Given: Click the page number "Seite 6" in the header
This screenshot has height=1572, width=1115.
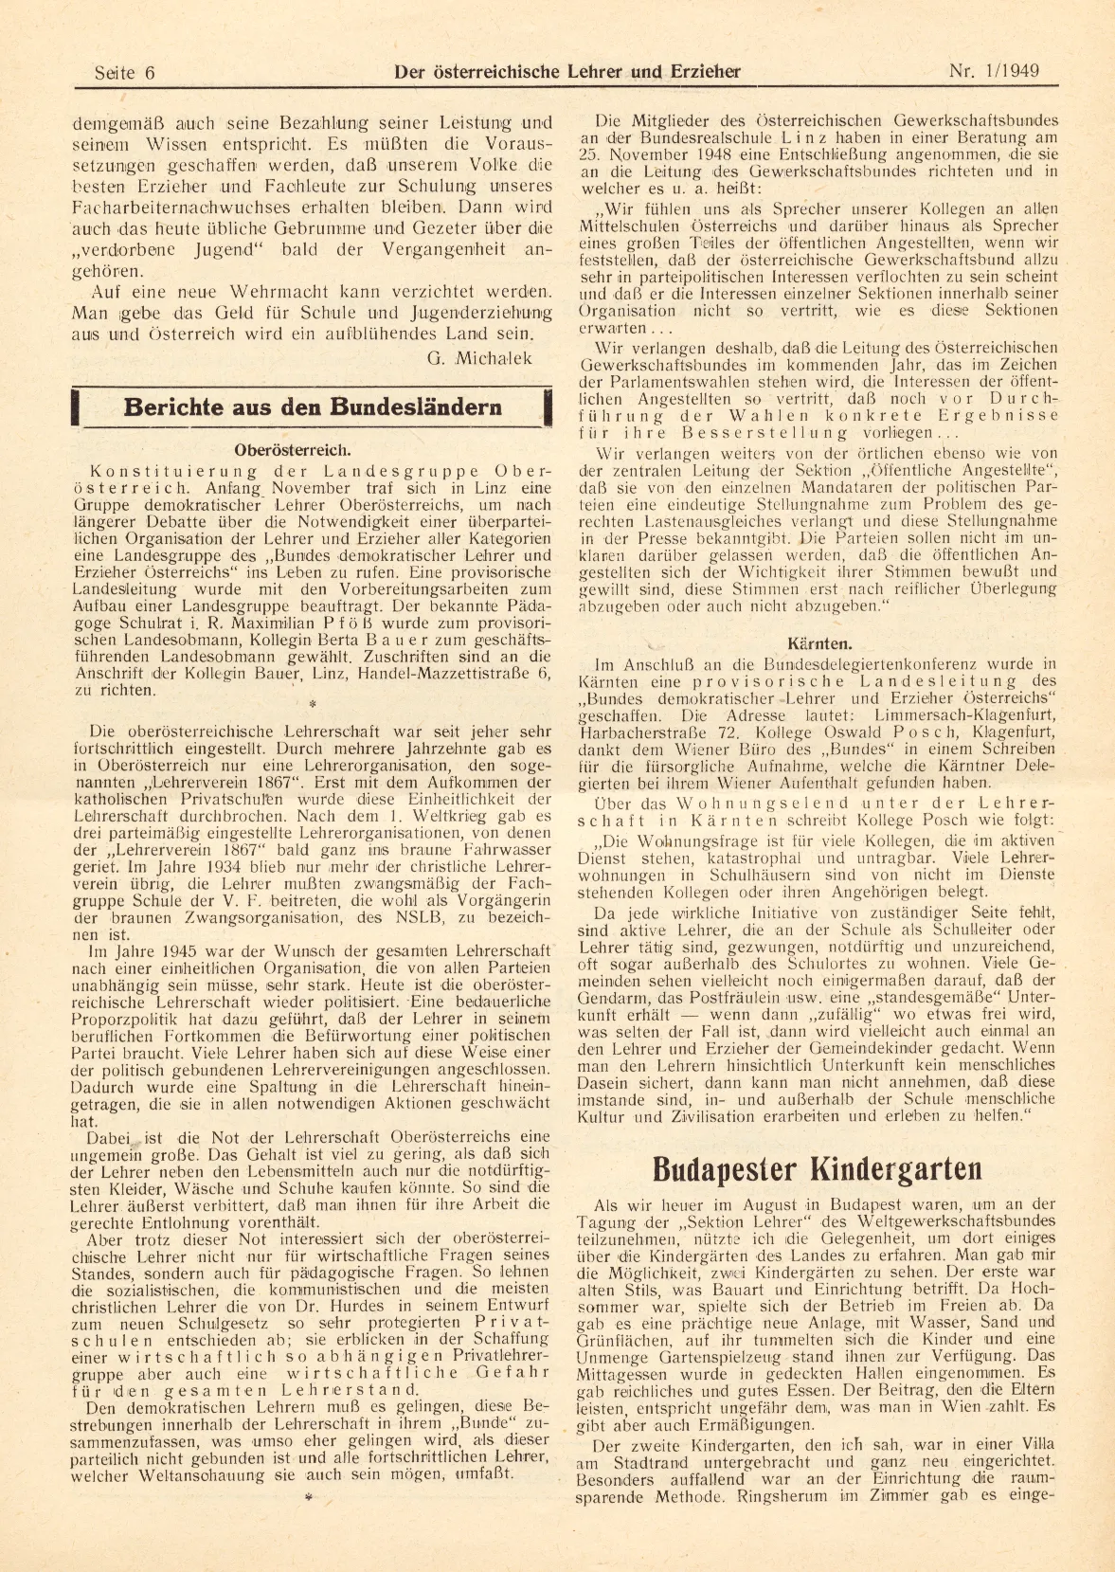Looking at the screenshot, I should [125, 73].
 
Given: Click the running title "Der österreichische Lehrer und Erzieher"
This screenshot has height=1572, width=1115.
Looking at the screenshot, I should [566, 72].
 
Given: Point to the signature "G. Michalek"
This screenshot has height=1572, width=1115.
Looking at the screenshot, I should [479, 358].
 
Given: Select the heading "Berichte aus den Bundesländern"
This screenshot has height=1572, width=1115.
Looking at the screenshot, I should [313, 408].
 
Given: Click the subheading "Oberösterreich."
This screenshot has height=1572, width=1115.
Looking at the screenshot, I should [293, 450].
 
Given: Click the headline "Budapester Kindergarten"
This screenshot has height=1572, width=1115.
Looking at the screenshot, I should [817, 1169].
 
